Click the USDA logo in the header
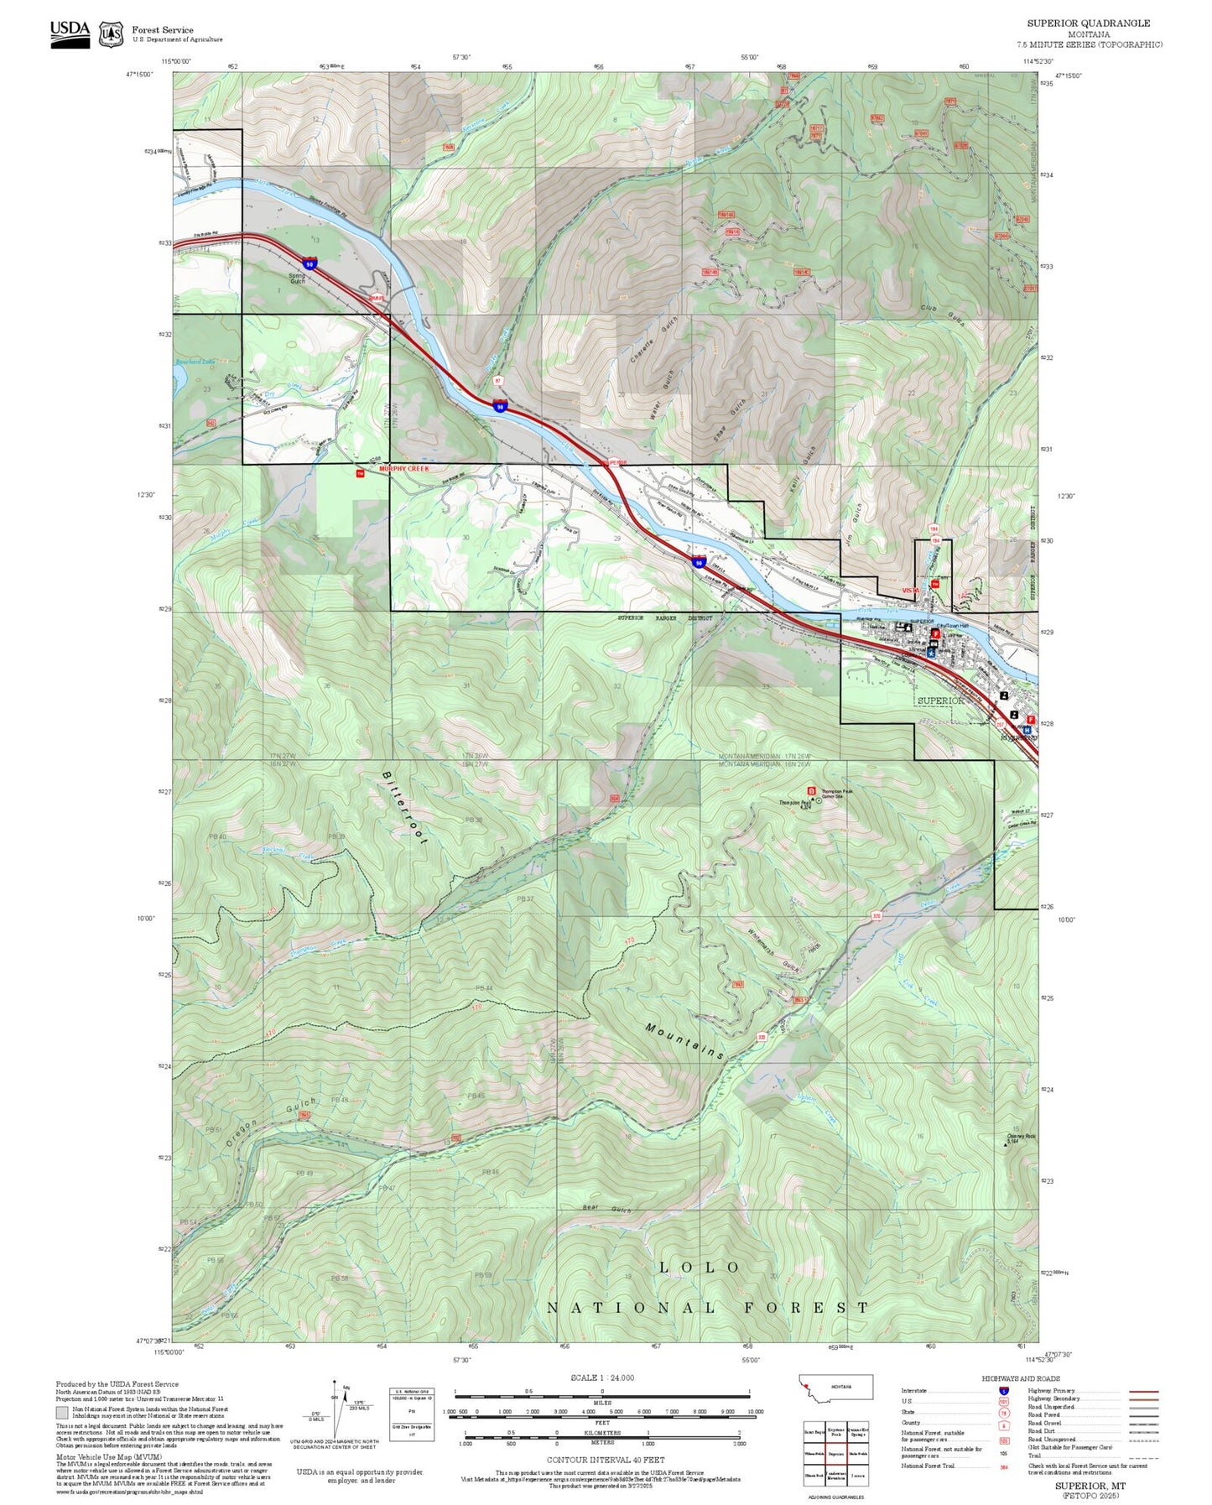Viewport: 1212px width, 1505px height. [x=70, y=34]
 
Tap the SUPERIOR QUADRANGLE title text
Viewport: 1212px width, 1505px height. [x=1088, y=23]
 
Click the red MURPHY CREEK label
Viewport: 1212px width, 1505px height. [x=403, y=468]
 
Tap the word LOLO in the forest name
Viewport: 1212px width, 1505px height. [x=699, y=1268]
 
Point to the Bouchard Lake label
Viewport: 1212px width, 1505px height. [x=195, y=362]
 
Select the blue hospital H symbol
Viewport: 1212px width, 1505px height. [x=1026, y=730]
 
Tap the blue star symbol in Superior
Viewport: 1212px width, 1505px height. [x=931, y=652]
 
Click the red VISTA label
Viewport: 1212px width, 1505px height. [x=910, y=591]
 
